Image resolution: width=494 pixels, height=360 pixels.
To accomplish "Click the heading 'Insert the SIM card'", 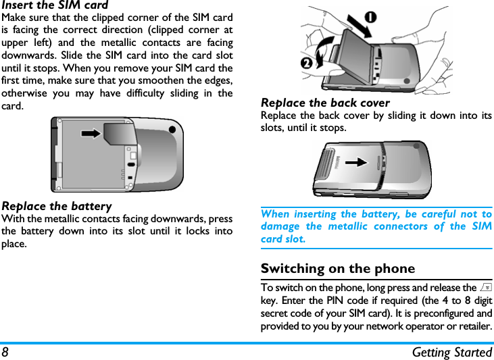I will point(55,5).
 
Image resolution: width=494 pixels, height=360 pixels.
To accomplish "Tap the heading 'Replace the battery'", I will point(57,206).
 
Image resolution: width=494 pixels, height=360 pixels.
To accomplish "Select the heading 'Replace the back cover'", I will point(325,103).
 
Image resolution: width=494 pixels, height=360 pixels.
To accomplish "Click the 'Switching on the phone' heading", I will point(338,268).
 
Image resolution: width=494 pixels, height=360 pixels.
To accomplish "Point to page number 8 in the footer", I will point(5,351).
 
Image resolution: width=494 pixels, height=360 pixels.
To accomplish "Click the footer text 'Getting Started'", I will point(452,352).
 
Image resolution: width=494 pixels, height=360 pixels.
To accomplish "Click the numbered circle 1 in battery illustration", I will point(371,16).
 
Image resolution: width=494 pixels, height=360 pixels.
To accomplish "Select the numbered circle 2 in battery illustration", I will point(307,63).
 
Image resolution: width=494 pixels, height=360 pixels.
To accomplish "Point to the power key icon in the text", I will point(487,288).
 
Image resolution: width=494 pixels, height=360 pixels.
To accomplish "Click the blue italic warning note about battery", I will point(376,226).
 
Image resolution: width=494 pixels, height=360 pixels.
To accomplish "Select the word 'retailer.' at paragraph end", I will point(472,326).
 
